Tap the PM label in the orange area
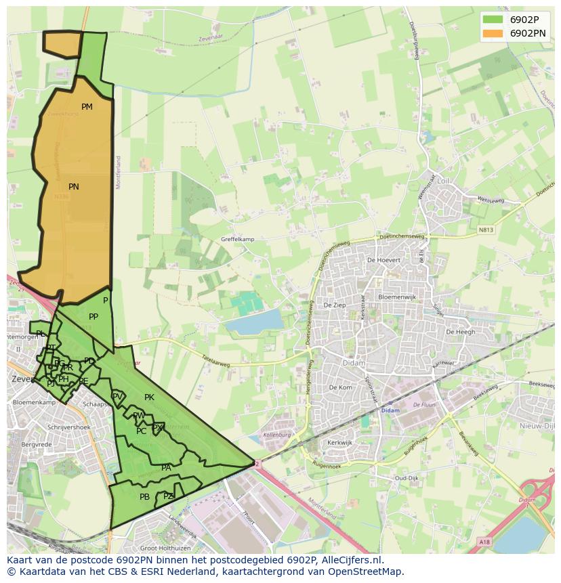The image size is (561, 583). (x=87, y=107)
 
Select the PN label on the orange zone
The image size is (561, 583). (x=74, y=187)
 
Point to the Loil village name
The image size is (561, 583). (x=443, y=181)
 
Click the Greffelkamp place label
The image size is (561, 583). (x=237, y=239)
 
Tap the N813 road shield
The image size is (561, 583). (x=485, y=230)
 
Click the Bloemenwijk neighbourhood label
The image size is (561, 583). (x=397, y=297)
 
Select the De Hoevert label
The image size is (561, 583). (x=383, y=260)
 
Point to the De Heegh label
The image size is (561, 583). (x=460, y=332)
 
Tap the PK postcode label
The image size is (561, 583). (x=149, y=397)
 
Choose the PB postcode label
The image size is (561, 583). (x=144, y=497)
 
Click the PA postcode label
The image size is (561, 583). (x=166, y=467)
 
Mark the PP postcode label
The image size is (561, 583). (x=93, y=316)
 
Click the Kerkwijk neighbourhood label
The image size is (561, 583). (x=340, y=442)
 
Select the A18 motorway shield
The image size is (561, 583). (x=484, y=542)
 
